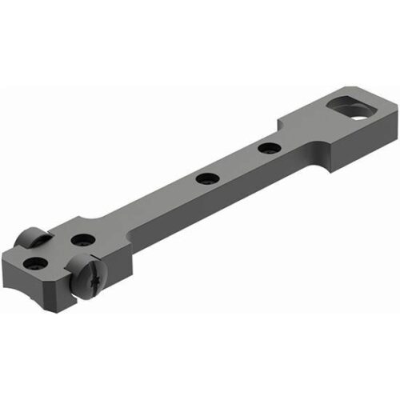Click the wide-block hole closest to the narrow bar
(80, 238)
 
